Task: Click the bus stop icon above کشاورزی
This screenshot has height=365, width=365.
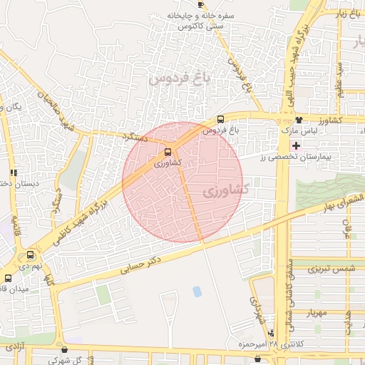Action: [168, 151]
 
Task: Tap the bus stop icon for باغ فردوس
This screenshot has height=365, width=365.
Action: [220, 120]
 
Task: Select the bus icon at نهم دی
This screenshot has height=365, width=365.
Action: [30, 255]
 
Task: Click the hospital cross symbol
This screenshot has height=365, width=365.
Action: [297, 145]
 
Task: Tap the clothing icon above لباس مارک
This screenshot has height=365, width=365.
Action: [298, 120]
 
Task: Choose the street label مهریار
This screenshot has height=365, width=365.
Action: [312, 312]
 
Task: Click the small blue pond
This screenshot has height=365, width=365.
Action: [197, 292]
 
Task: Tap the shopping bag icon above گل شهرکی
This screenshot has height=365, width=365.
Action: [65, 350]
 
